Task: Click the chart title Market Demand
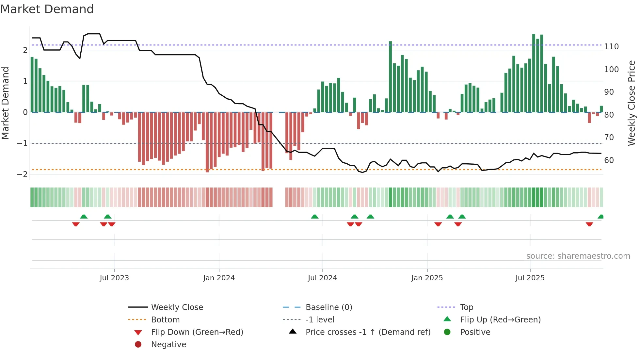[47, 9]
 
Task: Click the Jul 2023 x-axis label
[114, 278]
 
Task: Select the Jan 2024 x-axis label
[219, 278]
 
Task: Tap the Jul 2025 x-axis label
[530, 278]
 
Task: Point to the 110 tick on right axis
[611, 47]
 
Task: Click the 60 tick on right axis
[609, 160]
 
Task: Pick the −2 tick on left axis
[22, 174]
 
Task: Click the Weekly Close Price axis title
[632, 103]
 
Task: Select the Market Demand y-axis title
[5, 103]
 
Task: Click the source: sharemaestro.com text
[578, 256]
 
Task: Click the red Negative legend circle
[138, 345]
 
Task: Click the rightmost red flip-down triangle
[589, 224]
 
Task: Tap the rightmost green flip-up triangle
[601, 217]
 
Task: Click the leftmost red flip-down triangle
[76, 224]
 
